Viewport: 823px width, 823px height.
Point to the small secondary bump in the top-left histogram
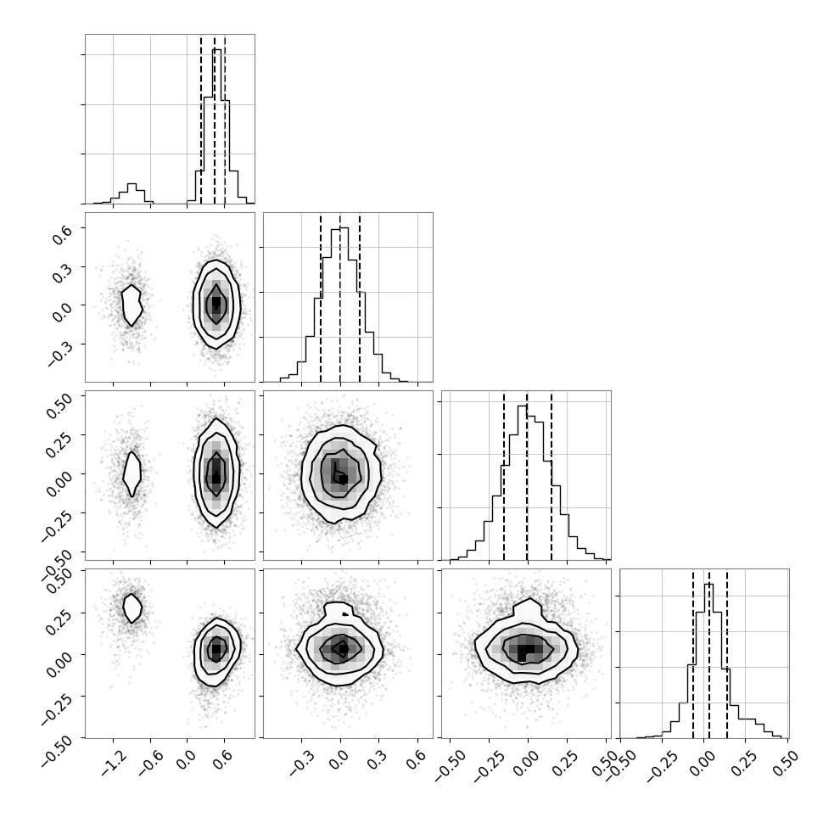(132, 193)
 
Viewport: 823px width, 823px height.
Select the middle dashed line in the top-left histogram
(215, 119)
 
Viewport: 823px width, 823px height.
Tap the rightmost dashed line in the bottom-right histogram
(727, 653)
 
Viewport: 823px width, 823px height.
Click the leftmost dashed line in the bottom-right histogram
(693, 653)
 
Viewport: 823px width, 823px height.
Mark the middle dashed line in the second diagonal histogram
(340, 297)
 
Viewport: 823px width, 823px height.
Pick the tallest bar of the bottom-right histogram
(708, 661)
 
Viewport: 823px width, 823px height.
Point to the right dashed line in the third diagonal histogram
(551, 475)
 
